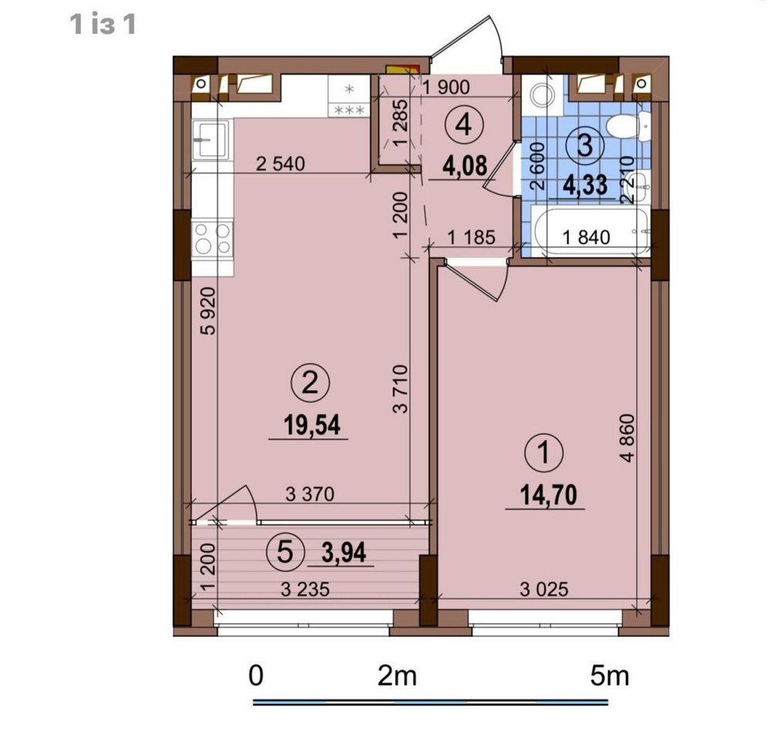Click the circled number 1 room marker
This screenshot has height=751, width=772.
(545, 453)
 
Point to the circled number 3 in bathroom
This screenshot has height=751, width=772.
(584, 144)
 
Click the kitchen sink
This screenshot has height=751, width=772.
(210, 139)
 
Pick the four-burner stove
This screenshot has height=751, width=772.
(212, 238)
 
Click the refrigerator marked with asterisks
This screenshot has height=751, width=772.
(349, 98)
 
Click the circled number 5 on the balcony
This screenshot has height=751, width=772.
(283, 552)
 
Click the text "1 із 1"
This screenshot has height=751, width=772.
(103, 25)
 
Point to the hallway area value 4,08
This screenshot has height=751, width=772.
(462, 165)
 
